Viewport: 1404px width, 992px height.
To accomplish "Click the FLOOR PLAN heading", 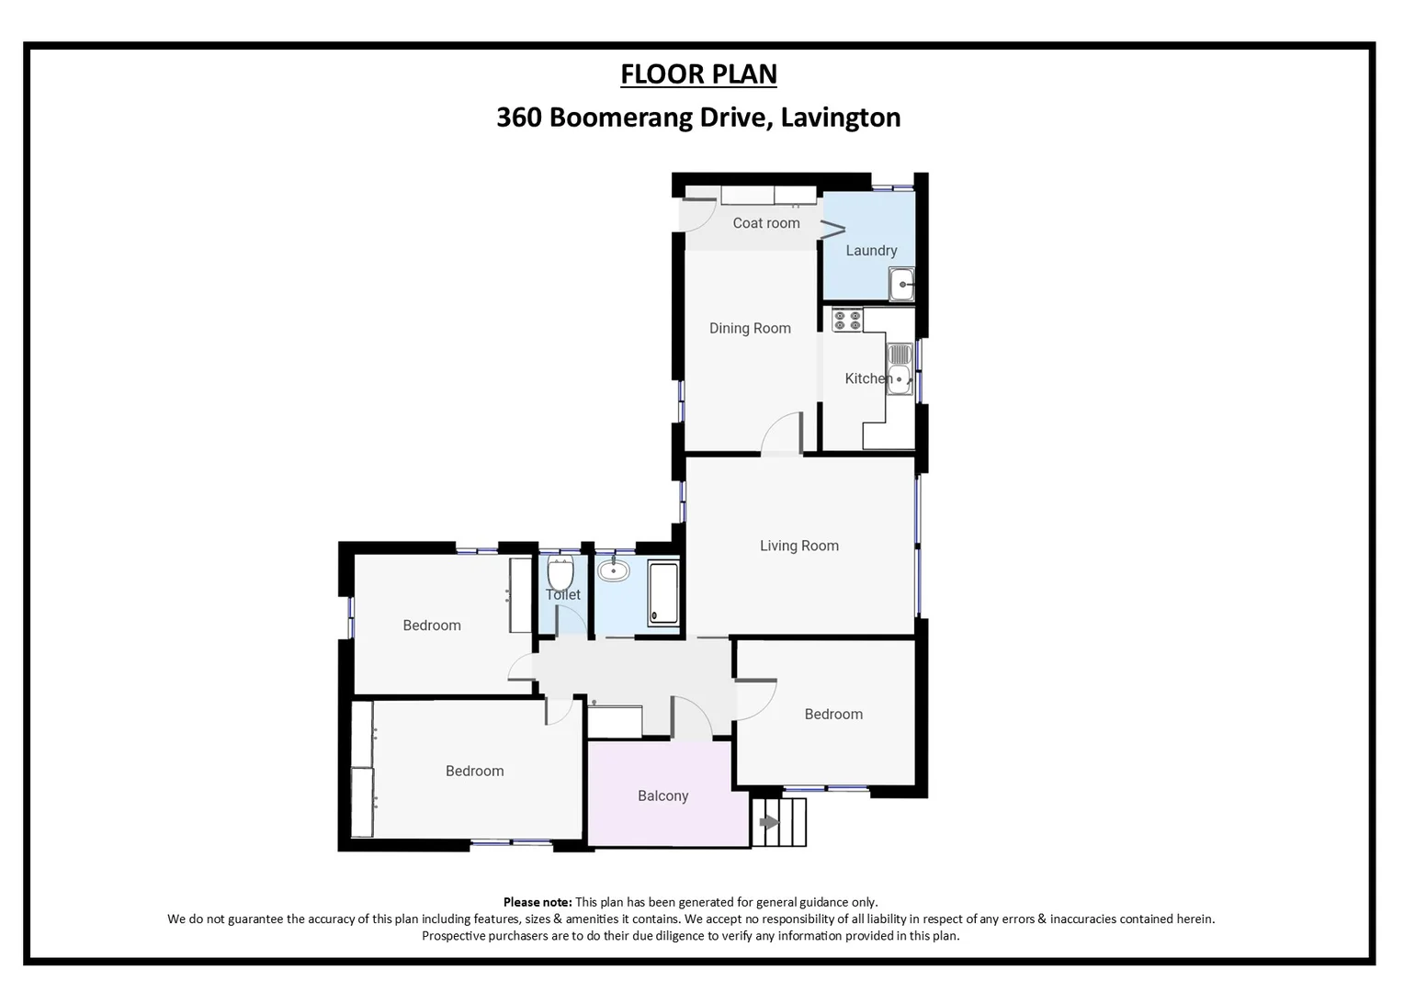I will (698, 73).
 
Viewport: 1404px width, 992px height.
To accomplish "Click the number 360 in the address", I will (518, 118).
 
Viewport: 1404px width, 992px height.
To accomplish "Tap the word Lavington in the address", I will (840, 118).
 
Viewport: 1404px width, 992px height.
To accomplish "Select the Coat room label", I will (765, 223).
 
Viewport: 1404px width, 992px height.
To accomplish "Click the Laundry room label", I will (870, 251).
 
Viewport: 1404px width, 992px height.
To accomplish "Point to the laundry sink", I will (901, 284).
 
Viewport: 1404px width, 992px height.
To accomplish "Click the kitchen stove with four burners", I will (846, 321).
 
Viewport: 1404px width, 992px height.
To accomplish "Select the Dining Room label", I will (749, 328).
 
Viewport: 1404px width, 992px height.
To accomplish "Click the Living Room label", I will (798, 546).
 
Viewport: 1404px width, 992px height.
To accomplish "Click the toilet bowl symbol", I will (560, 573).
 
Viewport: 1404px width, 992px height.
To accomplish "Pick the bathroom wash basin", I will (613, 571).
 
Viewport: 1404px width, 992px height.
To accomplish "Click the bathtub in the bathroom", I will (663, 593).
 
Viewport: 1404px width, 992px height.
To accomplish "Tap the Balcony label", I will (662, 796).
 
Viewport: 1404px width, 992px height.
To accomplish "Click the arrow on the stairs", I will (769, 823).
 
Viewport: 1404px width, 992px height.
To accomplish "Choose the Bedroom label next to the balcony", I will (474, 772).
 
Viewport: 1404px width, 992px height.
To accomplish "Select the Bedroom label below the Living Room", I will (832, 715).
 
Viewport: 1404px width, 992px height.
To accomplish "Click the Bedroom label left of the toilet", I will (431, 626).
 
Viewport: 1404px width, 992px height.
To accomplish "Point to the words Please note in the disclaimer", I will (537, 902).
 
